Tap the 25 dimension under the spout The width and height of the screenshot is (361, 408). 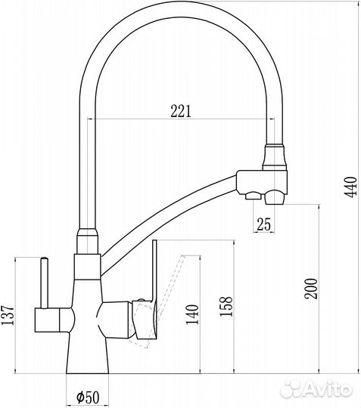(263, 224)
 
